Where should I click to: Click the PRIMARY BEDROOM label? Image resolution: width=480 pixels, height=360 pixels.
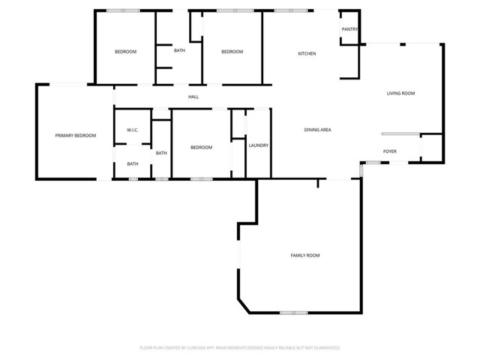[x=76, y=136]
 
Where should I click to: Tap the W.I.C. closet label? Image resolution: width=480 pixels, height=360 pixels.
[x=132, y=130]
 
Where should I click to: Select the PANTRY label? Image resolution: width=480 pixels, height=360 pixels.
[x=349, y=30]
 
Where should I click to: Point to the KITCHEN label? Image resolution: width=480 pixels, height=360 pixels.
[x=307, y=54]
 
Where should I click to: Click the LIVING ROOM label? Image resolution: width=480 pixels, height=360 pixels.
[x=400, y=94]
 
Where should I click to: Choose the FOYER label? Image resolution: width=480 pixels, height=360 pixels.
[x=390, y=151]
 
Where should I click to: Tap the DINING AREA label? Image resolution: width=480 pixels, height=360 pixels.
[x=318, y=130]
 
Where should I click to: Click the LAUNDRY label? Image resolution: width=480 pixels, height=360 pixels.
[x=259, y=145]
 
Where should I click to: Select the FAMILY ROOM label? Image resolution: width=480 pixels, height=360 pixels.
[x=305, y=256]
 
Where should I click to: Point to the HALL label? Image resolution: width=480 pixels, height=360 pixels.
[x=193, y=97]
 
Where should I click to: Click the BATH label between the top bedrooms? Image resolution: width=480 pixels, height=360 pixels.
[x=180, y=51]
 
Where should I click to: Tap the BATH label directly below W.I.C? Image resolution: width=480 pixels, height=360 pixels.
[x=132, y=164]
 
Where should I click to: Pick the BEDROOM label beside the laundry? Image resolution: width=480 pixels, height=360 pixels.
[x=201, y=148]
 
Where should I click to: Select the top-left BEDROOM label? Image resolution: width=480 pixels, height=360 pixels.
[x=125, y=52]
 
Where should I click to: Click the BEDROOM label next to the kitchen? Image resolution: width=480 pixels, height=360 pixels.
[x=232, y=52]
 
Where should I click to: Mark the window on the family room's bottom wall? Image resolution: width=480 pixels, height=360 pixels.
[x=293, y=313]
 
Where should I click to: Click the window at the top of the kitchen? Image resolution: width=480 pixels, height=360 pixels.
[x=290, y=10]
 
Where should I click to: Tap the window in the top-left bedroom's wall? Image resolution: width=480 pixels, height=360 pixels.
[x=123, y=10]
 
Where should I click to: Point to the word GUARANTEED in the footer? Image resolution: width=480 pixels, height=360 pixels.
[x=325, y=348]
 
